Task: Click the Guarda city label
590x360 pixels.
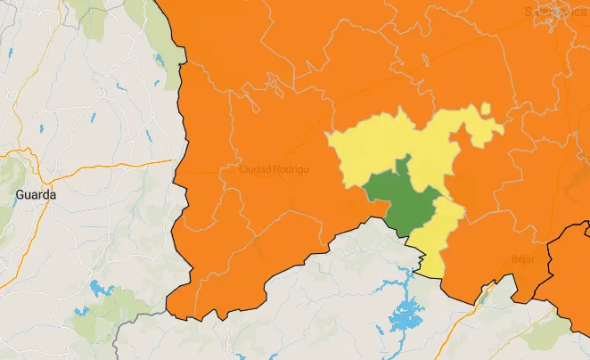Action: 36,193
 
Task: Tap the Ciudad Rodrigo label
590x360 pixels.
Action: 274,169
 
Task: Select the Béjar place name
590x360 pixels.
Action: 523,259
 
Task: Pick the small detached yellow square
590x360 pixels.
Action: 485,109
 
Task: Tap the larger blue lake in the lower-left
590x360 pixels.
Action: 98,290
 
